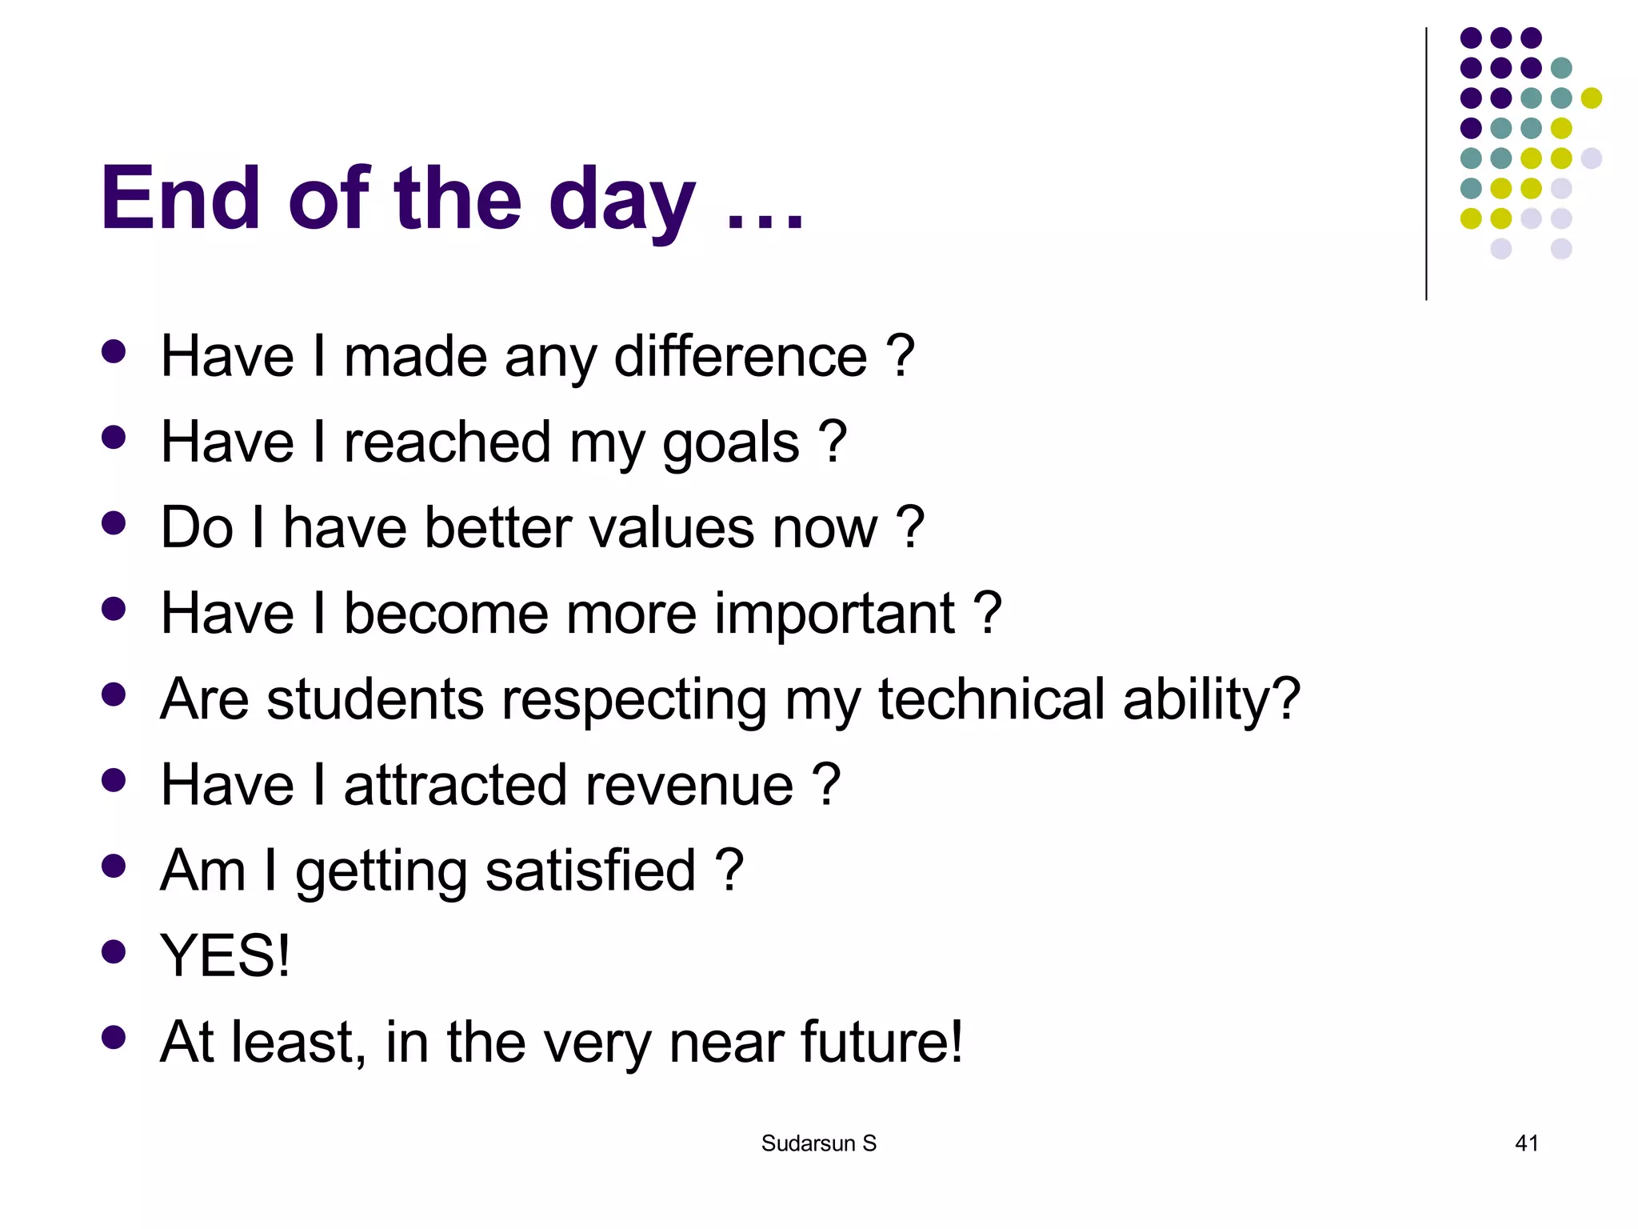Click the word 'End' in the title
tap(181, 198)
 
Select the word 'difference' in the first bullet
tap(741, 356)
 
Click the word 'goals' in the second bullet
tap(730, 443)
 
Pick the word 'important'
tap(833, 614)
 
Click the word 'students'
tap(375, 699)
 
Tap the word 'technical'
tap(991, 699)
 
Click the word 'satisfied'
tap(590, 871)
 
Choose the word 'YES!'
tap(225, 956)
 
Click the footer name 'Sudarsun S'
tap(818, 1143)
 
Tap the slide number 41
tap(1526, 1143)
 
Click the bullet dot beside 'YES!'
tap(114, 951)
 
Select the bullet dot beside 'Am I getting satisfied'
tap(114, 866)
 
